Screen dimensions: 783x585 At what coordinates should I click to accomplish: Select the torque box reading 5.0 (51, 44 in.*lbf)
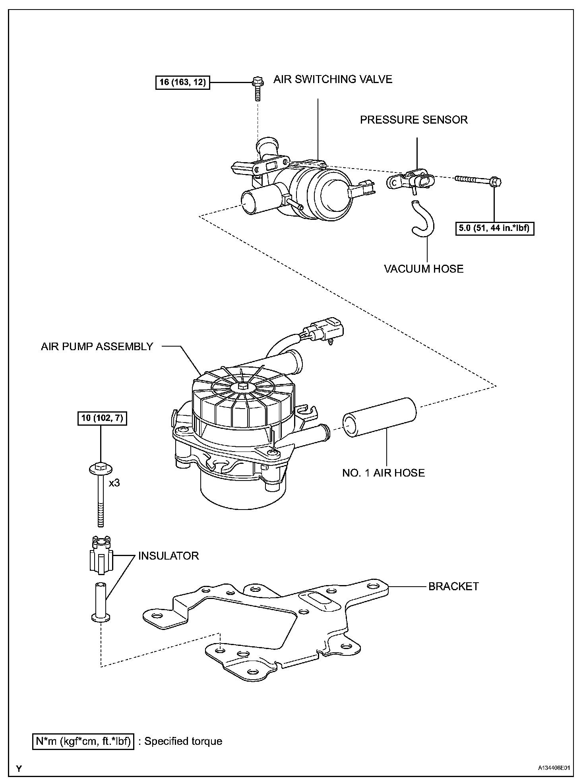494,229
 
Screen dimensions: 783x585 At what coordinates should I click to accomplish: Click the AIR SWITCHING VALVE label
333,79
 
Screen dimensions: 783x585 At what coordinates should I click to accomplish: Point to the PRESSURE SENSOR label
414,120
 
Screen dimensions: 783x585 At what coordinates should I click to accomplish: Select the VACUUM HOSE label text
424,269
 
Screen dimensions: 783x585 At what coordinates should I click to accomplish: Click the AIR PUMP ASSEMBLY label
97,346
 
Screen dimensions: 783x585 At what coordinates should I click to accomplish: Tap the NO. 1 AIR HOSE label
384,473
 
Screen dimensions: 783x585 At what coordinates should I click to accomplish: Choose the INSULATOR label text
169,556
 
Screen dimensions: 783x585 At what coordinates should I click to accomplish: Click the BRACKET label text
453,586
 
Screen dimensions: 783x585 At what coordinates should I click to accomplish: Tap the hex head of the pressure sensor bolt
496,182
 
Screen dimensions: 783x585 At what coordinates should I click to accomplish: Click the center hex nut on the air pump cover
242,386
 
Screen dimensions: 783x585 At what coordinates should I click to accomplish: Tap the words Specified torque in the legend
183,741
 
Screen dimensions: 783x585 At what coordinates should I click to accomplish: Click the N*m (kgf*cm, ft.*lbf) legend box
83,741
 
